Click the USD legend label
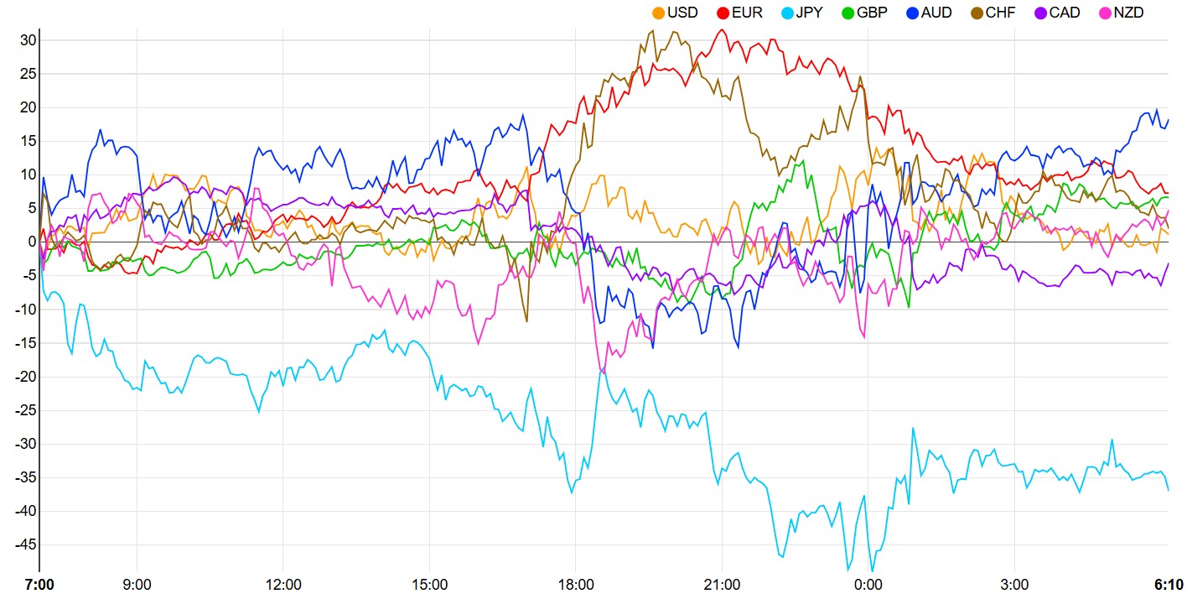[x=682, y=13]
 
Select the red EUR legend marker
[x=723, y=13]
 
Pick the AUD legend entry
[x=936, y=13]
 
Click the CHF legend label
[x=1000, y=13]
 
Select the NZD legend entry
[x=1128, y=13]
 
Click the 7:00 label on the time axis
[x=39, y=584]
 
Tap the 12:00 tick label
[x=283, y=584]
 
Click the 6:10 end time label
[x=1167, y=584]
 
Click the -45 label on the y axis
[x=24, y=544]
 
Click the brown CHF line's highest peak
[x=653, y=31]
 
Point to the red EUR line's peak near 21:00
[x=722, y=29]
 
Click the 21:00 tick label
[x=722, y=584]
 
